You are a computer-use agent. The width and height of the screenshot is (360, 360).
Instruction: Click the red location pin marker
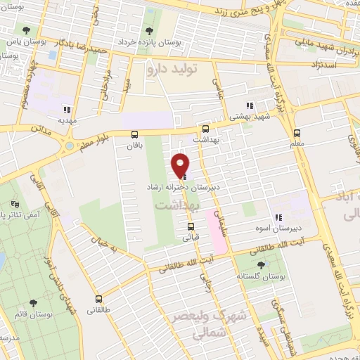[x=181, y=165]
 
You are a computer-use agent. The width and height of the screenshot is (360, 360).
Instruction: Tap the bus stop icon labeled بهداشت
[x=205, y=129]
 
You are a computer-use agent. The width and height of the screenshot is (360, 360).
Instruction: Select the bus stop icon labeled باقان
[x=134, y=134]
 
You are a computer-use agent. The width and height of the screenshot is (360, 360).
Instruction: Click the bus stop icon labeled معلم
[x=297, y=132]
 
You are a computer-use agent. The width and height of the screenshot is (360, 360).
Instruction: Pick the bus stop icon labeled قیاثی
[x=191, y=226]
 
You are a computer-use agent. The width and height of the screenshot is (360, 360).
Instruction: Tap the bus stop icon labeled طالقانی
[x=98, y=298]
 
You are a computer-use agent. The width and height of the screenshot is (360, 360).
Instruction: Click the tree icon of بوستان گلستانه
[x=262, y=265]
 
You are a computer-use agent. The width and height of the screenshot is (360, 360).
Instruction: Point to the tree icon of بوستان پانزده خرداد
[x=148, y=31]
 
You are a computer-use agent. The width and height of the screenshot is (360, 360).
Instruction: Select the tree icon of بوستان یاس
[x=26, y=30]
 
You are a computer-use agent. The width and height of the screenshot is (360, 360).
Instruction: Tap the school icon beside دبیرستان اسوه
[x=278, y=218]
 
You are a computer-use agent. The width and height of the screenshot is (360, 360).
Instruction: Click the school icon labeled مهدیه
[x=67, y=109]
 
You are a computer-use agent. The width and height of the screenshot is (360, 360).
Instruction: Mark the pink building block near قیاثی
[x=217, y=239]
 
